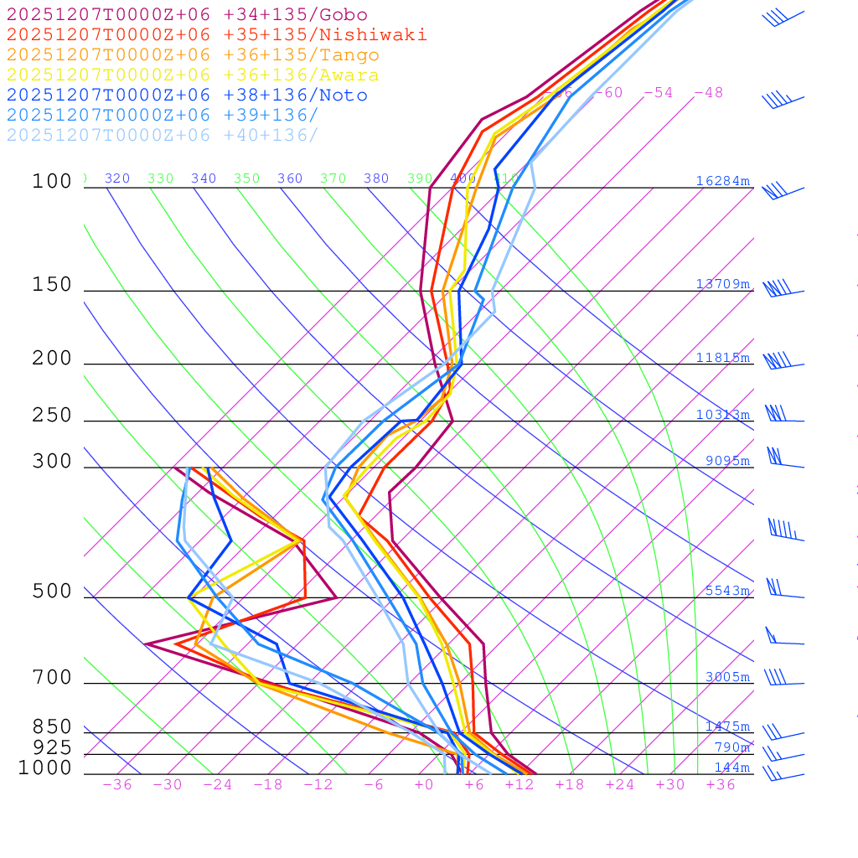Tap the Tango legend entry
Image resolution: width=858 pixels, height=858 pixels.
point(193,55)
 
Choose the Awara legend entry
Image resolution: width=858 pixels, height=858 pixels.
point(193,75)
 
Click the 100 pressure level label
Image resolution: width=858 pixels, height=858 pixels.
point(52,181)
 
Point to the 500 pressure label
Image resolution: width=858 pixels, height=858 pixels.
point(52,592)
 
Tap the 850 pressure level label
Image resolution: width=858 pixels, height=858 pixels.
point(52,726)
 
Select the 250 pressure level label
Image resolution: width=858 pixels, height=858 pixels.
point(52,415)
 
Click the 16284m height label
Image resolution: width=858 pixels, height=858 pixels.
point(722,181)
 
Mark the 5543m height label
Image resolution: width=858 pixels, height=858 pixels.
point(726,591)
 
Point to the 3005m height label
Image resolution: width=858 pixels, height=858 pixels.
point(726,677)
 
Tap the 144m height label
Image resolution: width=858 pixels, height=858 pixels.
point(731,768)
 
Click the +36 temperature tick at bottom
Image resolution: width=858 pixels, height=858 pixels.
point(721,784)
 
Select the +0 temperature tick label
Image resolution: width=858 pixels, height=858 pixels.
point(424,784)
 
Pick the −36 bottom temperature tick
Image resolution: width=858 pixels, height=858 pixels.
point(116,784)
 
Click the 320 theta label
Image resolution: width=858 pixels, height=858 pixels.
point(117,178)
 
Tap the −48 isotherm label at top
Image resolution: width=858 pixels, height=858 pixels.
point(708,92)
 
